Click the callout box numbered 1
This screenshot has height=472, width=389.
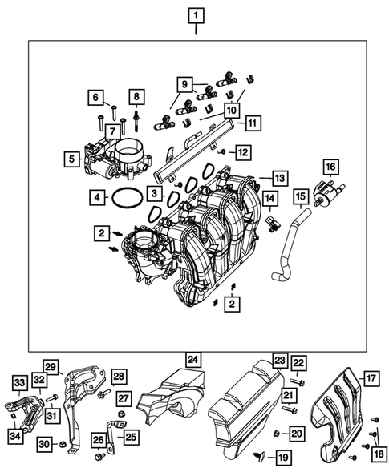tap(196, 14)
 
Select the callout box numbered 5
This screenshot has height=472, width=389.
tap(72, 159)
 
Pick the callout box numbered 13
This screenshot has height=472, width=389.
tap(278, 178)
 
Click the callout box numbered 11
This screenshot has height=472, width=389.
tap(252, 123)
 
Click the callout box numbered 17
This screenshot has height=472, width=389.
tap(370, 377)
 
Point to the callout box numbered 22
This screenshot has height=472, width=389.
tap(298, 365)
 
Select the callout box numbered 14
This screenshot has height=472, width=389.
tap(270, 198)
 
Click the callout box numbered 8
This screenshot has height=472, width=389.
tap(136, 98)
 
